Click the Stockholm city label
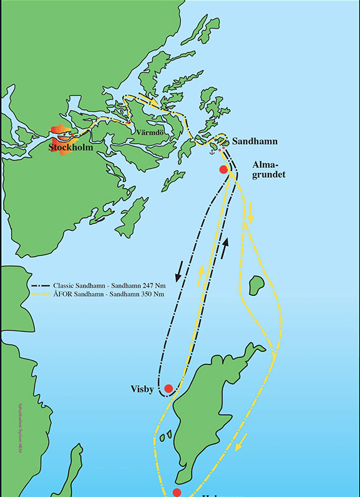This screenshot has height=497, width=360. [71, 148]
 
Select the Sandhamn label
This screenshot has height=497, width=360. [255, 142]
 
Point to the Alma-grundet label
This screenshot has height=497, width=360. [268, 170]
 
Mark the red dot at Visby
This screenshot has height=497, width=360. [168, 388]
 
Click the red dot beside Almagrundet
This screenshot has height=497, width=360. [223, 170]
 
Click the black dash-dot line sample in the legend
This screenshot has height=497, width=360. [41, 284]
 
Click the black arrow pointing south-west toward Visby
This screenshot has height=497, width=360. [179, 270]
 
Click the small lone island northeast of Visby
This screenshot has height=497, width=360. [255, 285]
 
